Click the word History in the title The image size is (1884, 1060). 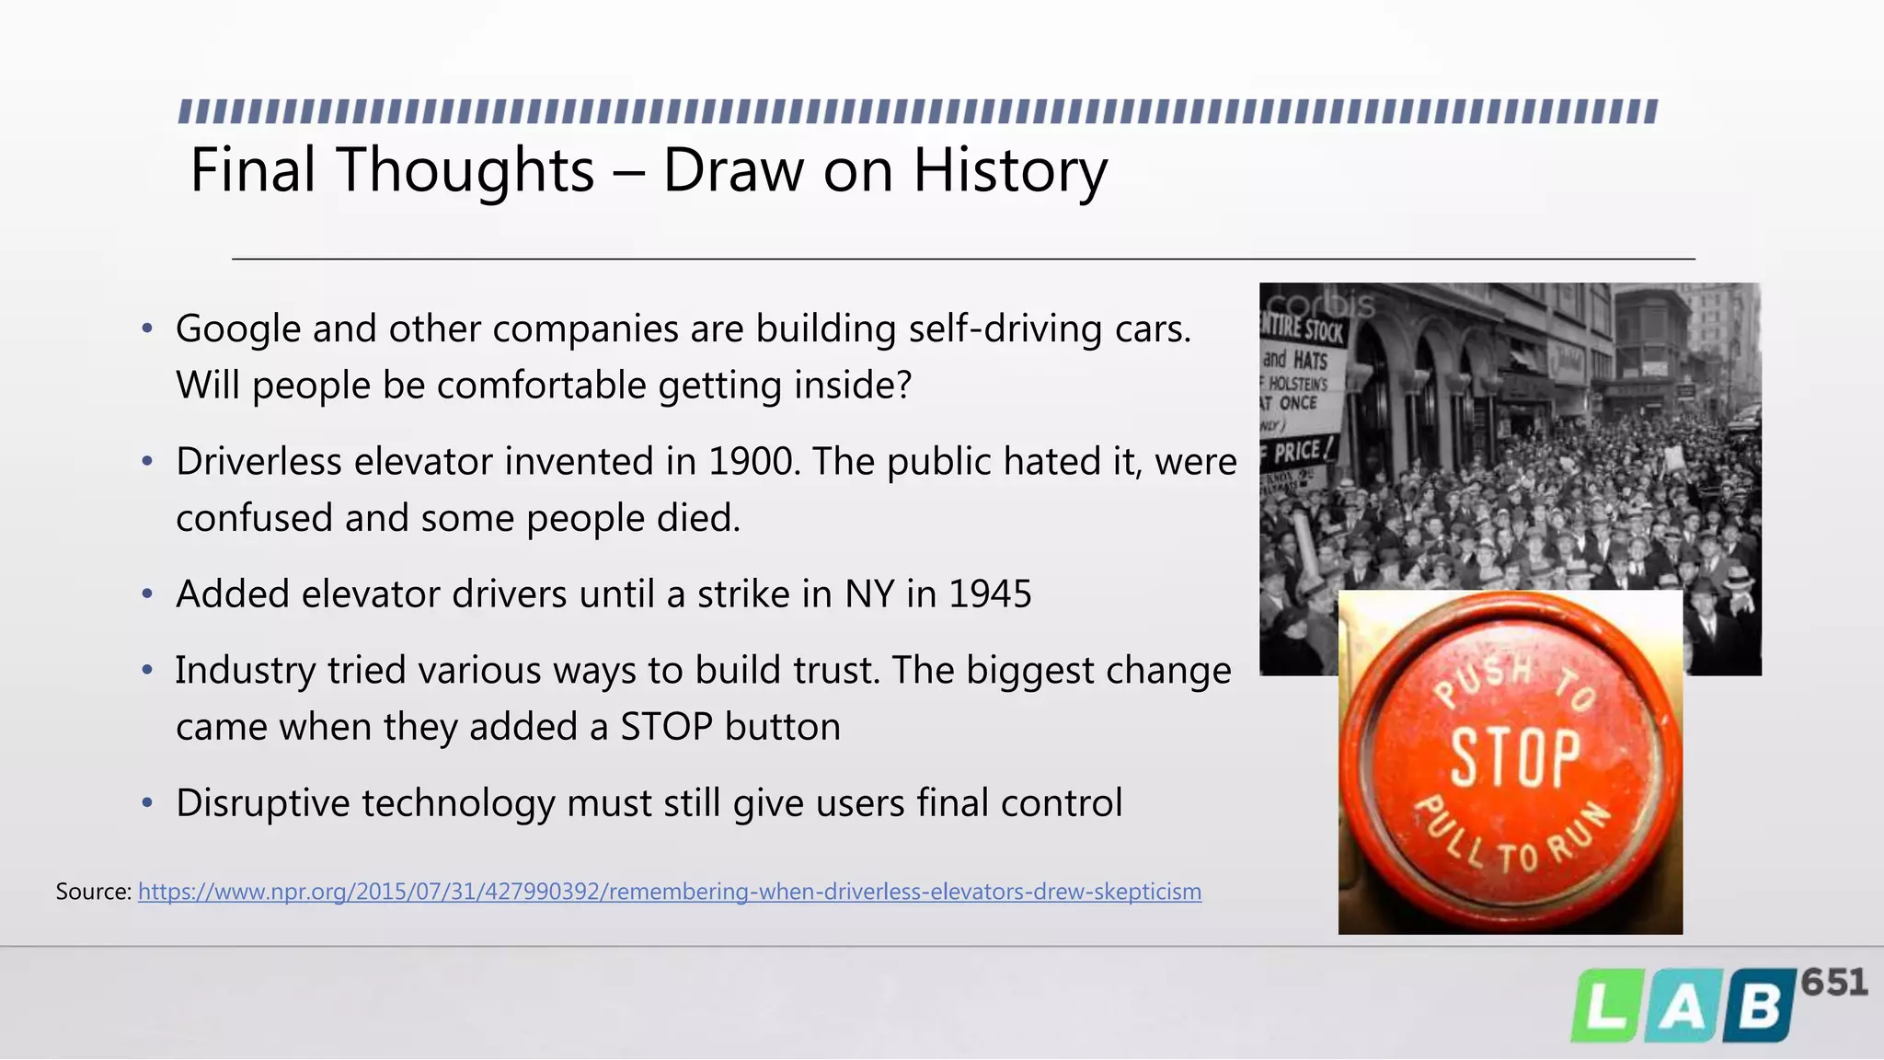(x=1009, y=171)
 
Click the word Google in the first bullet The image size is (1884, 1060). (x=237, y=329)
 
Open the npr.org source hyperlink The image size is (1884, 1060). (x=669, y=892)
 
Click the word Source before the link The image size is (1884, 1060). (x=93, y=892)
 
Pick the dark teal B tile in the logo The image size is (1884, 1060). (x=1759, y=1007)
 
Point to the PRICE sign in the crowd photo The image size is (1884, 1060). (x=1299, y=451)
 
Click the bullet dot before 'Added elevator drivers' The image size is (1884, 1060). (x=147, y=594)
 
